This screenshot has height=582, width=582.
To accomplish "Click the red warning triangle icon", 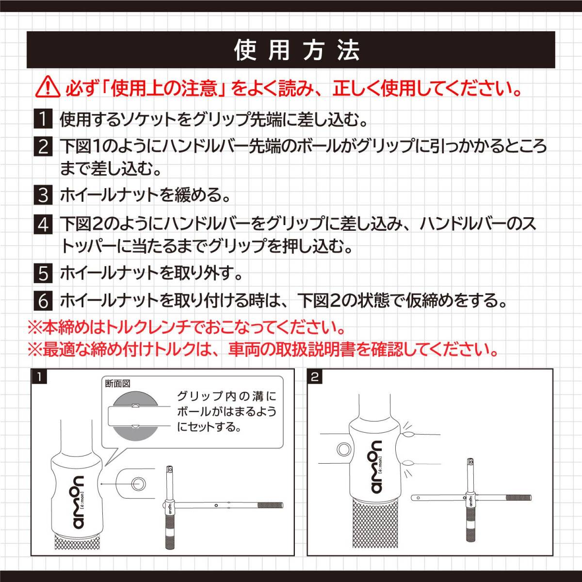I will [x=47, y=89].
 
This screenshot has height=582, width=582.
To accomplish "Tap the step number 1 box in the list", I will [x=44, y=119].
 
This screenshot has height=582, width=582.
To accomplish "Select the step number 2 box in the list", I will [x=44, y=146].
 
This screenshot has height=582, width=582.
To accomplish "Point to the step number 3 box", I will [x=44, y=195].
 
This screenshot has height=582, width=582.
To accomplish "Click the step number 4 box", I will [x=44, y=225].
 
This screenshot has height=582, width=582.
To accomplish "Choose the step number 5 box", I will [x=44, y=274].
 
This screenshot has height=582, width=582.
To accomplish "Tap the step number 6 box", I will [x=44, y=301].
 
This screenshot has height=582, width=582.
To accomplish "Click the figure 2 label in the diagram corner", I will [x=315, y=377].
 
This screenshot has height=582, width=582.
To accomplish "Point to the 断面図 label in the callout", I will [x=118, y=384].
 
